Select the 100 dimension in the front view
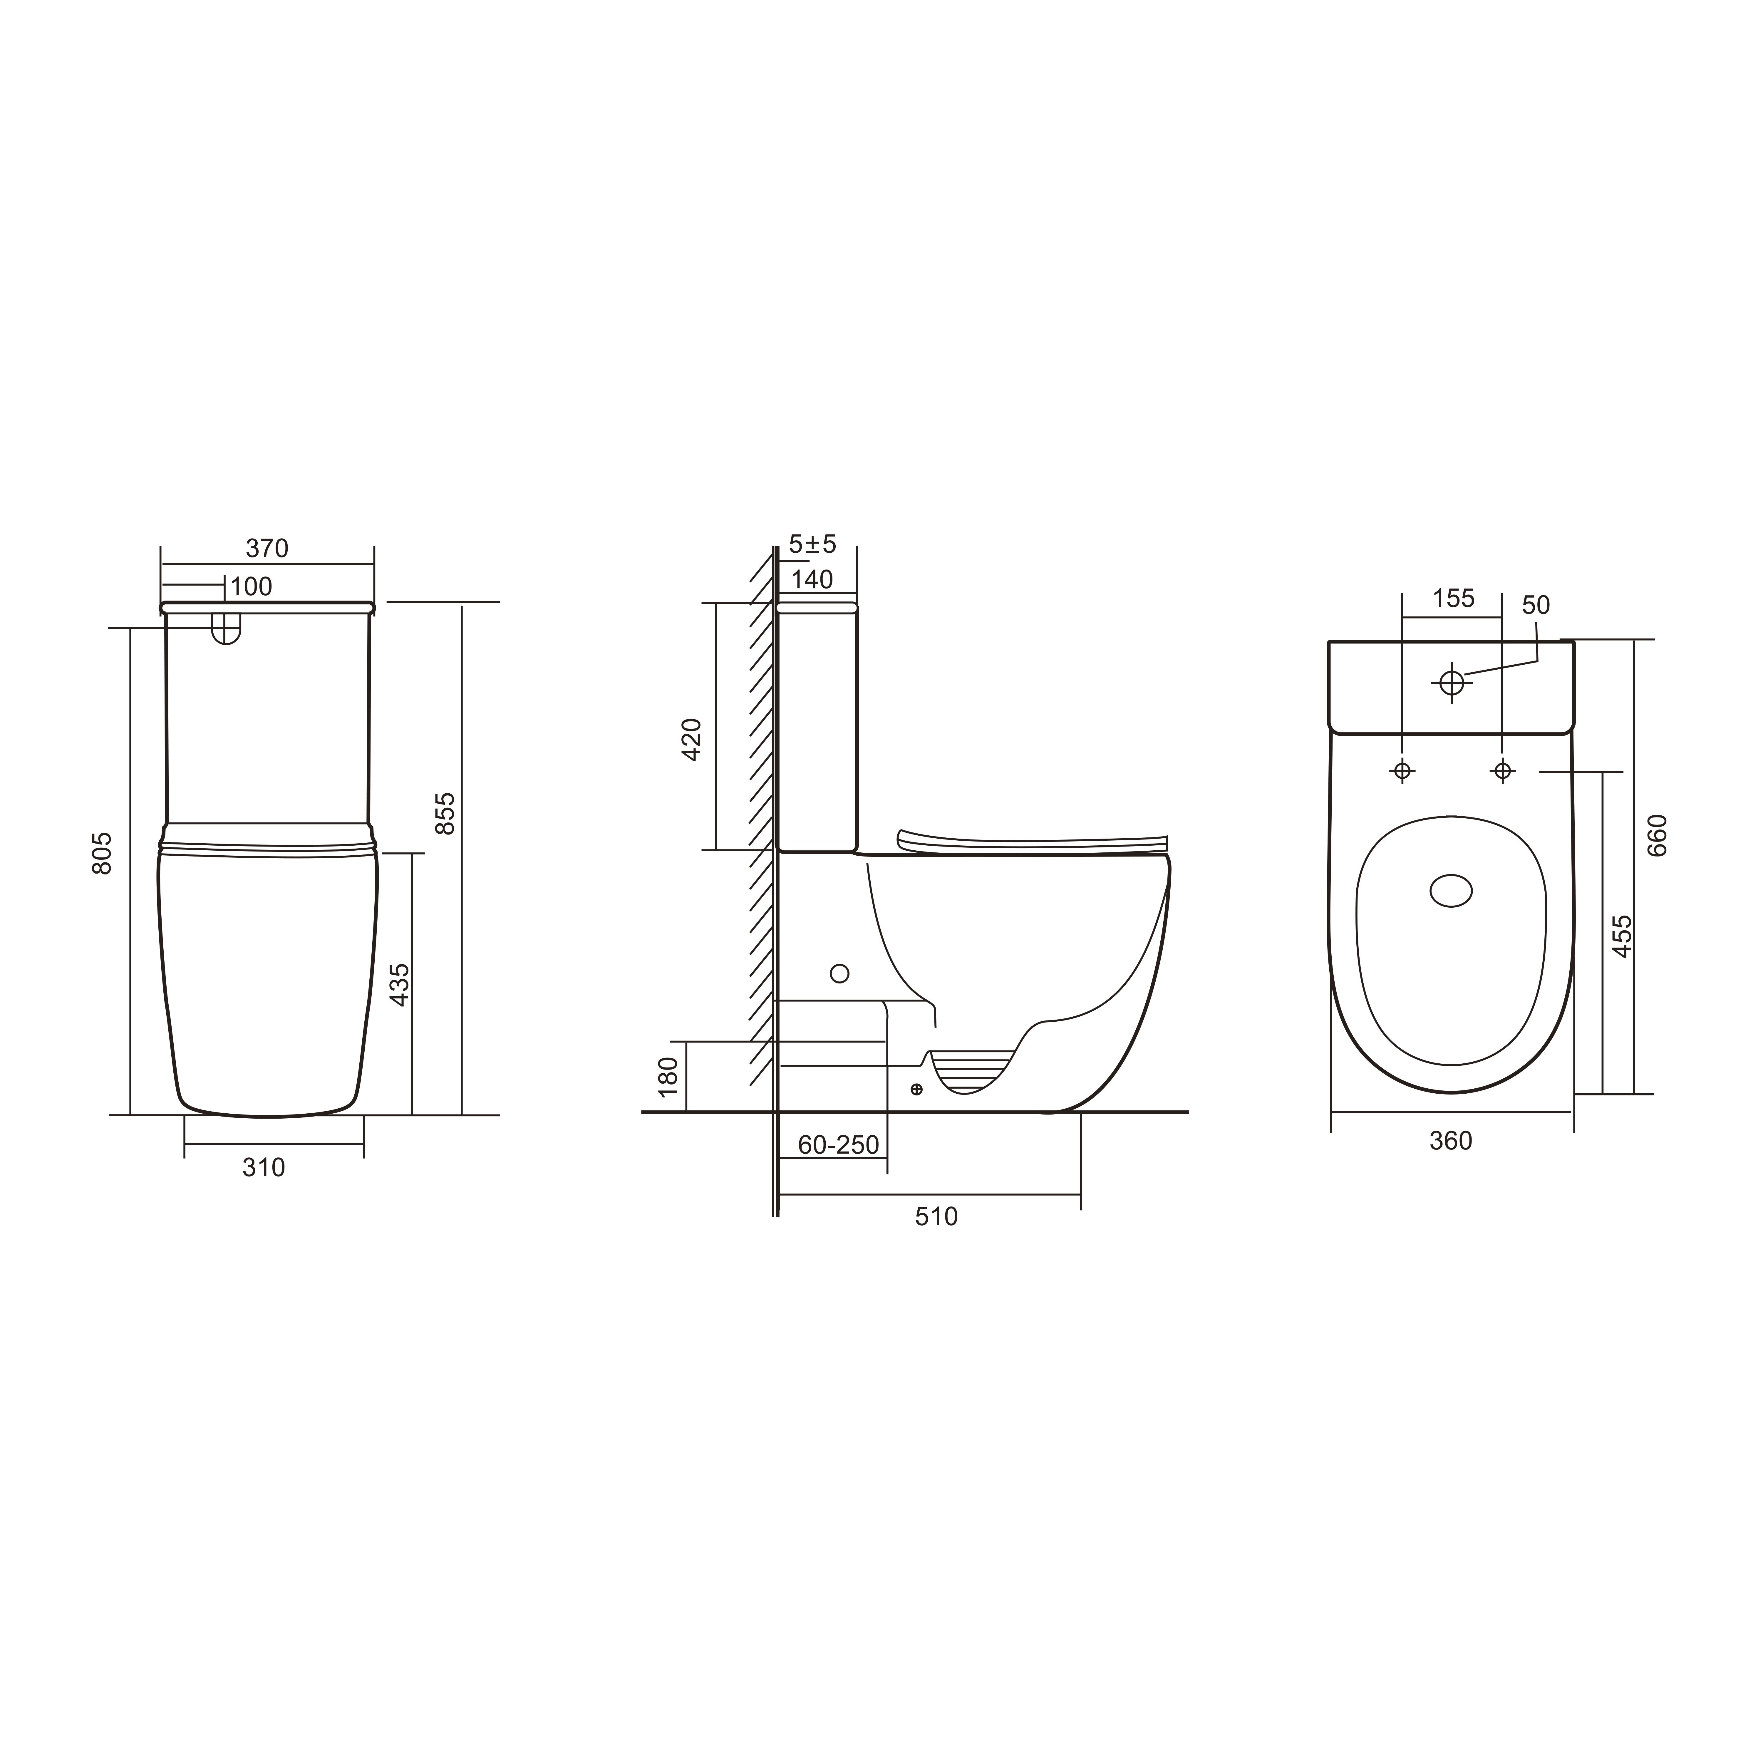[x=251, y=587]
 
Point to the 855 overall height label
[x=444, y=813]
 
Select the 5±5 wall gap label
[x=812, y=545]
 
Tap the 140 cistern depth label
[x=812, y=579]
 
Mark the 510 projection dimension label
[x=936, y=1216]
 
